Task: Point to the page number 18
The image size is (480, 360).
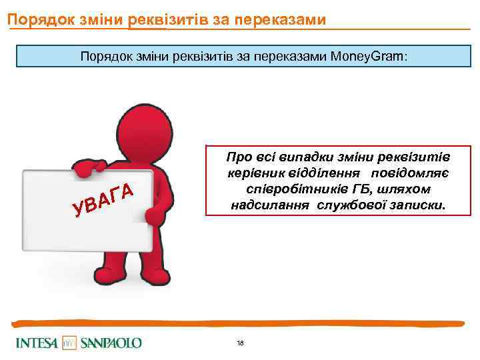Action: (x=240, y=343)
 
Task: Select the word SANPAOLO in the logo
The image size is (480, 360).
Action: (x=111, y=343)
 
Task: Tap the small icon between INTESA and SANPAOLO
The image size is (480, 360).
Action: (x=70, y=343)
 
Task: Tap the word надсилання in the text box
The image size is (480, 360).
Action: (x=267, y=206)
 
